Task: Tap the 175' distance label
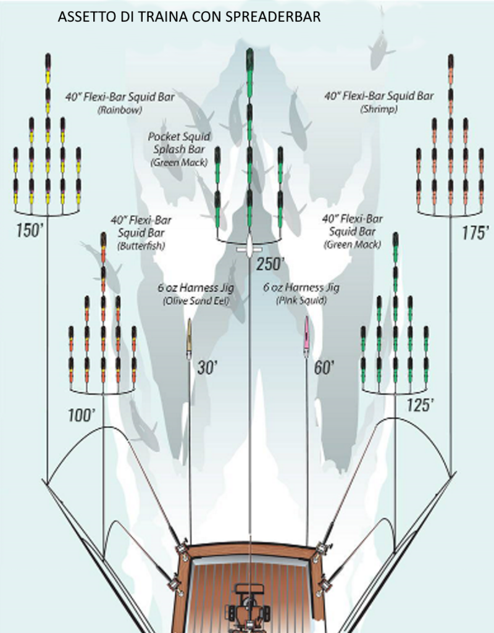pos(475,232)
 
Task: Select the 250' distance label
pos(270,264)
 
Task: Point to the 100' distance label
pos(81,414)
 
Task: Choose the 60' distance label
pos(324,368)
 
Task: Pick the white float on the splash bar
pos(248,248)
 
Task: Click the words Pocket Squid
pos(179,136)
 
